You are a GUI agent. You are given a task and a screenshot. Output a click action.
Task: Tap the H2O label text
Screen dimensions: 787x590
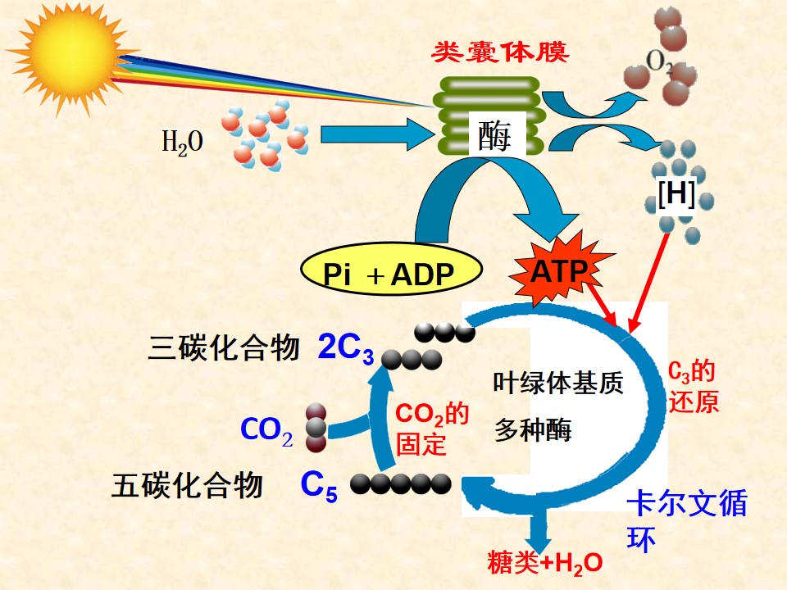click(x=182, y=142)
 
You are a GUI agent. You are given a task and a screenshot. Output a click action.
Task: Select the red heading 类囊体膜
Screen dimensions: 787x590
click(x=500, y=52)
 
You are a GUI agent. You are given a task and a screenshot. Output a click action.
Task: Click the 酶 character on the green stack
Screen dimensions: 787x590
click(x=495, y=136)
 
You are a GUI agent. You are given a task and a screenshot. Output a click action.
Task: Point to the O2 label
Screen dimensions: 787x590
click(x=659, y=62)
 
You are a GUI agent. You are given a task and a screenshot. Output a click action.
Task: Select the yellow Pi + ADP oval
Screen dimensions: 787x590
click(x=392, y=270)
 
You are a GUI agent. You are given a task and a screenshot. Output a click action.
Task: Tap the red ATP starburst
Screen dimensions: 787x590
click(x=560, y=270)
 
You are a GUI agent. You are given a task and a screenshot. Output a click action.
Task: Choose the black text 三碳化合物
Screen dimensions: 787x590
click(x=224, y=347)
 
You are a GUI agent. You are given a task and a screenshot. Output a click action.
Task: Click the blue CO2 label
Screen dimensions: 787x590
click(x=266, y=431)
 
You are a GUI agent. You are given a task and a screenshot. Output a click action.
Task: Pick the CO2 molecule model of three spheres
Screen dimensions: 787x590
click(x=316, y=428)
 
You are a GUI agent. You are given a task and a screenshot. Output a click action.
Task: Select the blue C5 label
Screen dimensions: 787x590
click(x=319, y=486)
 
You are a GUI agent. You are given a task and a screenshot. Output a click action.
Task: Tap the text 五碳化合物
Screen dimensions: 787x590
click(x=187, y=485)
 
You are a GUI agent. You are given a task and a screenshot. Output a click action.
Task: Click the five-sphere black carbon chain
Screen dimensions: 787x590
click(x=401, y=484)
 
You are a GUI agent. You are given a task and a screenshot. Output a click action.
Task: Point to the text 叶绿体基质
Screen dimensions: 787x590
click(x=558, y=383)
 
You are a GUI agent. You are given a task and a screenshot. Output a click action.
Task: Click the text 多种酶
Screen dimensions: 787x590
click(x=533, y=430)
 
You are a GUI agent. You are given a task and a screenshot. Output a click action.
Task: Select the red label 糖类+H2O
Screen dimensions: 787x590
click(x=545, y=562)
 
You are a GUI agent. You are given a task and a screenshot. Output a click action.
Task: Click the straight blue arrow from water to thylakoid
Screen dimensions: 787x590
click(x=377, y=134)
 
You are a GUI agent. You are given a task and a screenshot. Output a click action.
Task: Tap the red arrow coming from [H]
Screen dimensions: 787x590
click(x=649, y=283)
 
